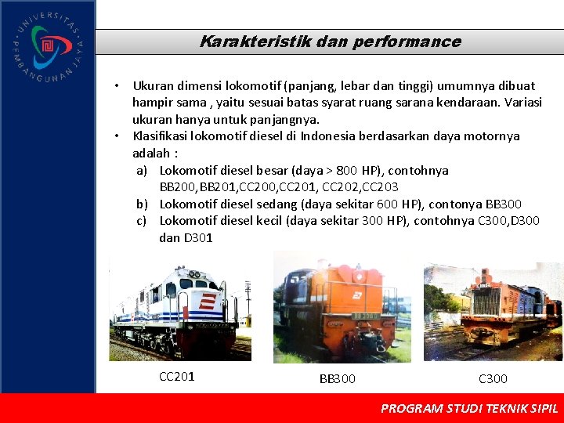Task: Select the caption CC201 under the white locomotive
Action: (x=176, y=377)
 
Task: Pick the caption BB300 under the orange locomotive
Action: (x=337, y=379)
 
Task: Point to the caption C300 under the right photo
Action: (x=493, y=379)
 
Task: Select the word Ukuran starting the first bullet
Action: (x=155, y=85)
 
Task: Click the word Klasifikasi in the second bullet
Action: (x=163, y=136)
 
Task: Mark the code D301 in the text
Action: (x=197, y=238)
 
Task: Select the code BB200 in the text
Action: (x=177, y=187)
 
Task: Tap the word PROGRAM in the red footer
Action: (x=410, y=408)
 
